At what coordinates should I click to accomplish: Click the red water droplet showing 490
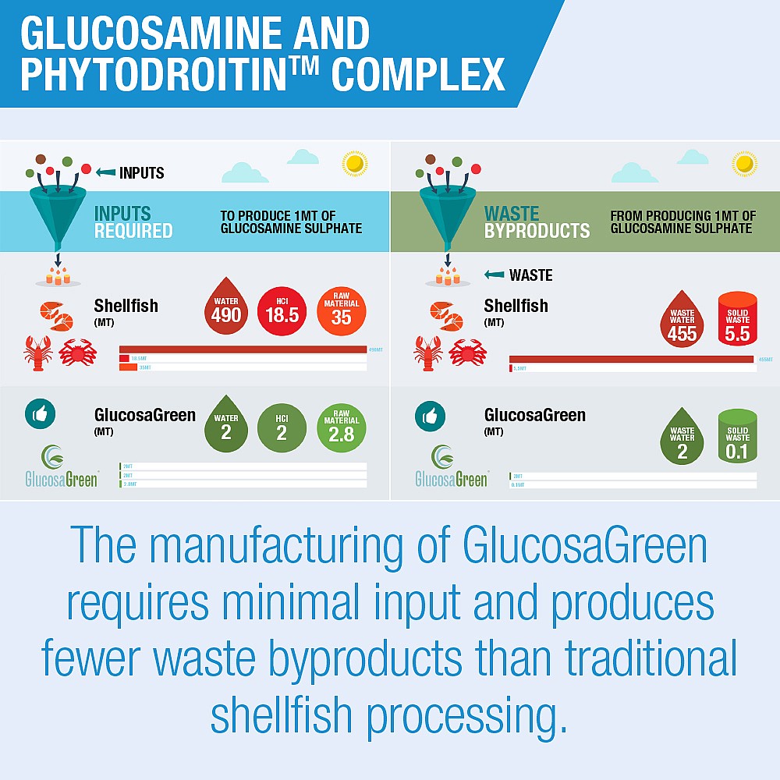(226, 308)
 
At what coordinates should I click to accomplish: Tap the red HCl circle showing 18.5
(282, 309)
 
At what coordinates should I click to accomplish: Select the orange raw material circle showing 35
(341, 309)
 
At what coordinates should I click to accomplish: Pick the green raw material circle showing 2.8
(341, 427)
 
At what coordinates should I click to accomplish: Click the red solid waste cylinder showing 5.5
(737, 320)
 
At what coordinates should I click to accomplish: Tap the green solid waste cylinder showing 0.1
(737, 437)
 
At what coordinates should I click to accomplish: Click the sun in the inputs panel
(355, 164)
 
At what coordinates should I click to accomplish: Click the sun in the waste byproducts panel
(745, 164)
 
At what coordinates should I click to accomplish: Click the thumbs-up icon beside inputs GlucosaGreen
(40, 414)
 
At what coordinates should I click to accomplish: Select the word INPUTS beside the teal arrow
(141, 172)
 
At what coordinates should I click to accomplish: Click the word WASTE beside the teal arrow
(530, 275)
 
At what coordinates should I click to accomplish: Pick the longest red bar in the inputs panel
(243, 349)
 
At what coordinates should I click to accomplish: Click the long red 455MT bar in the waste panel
(632, 359)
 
